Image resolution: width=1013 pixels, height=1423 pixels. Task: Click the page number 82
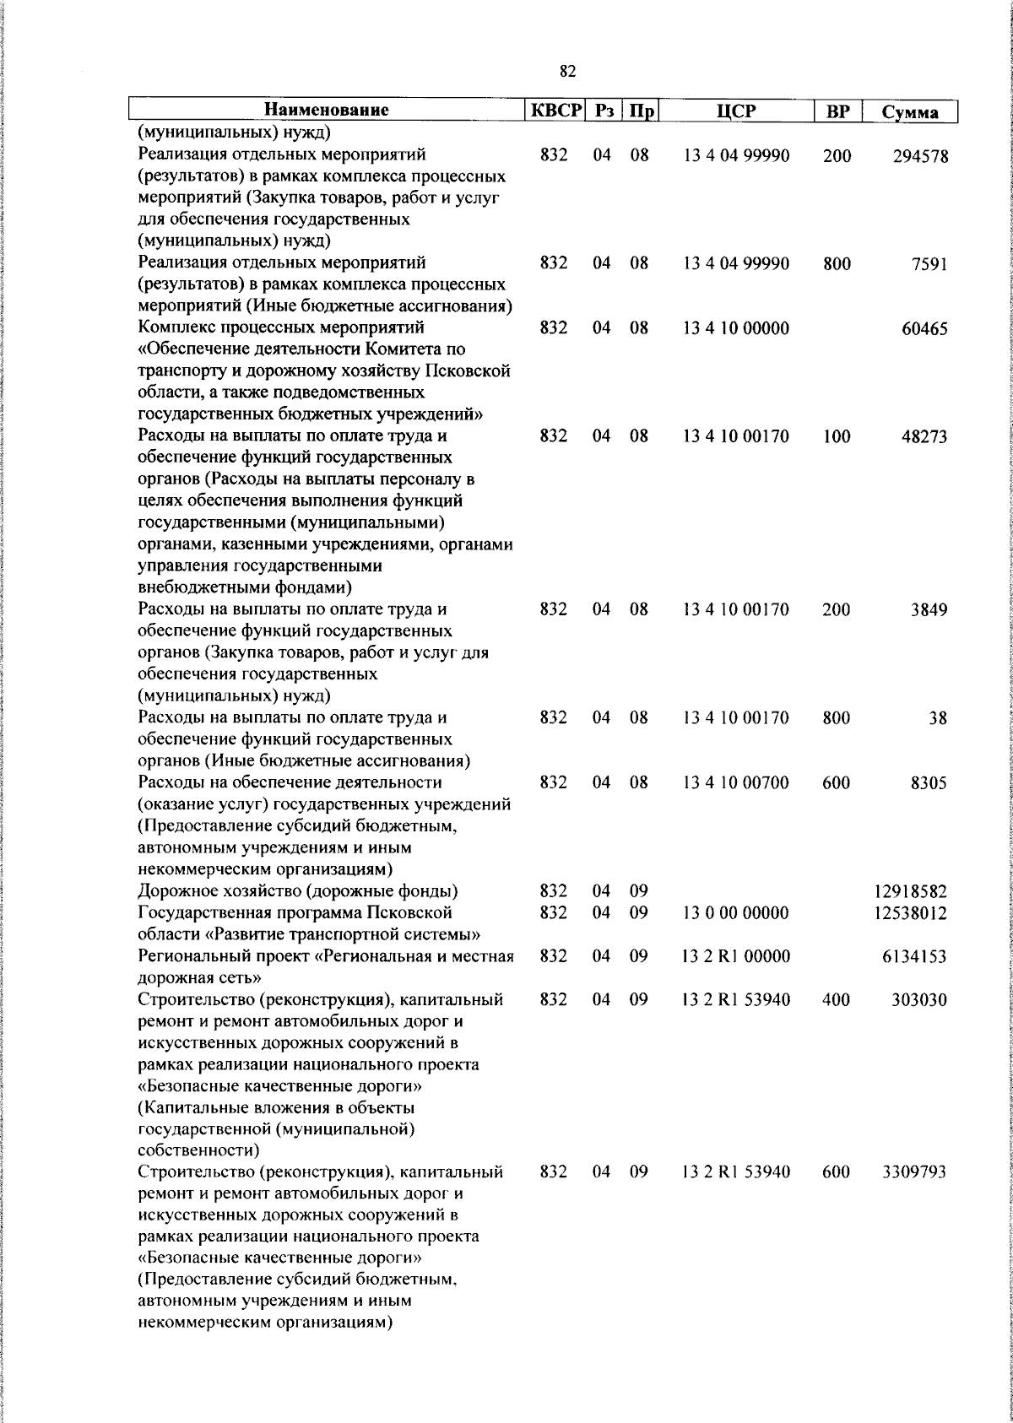567,73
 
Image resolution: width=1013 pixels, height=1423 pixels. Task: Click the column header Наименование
326,111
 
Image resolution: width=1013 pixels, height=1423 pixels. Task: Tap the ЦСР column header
736,111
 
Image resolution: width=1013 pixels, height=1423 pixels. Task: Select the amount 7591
929,264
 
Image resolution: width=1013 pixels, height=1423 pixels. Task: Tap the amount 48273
924,437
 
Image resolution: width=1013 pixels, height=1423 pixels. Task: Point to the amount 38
938,719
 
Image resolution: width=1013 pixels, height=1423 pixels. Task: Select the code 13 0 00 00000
736,913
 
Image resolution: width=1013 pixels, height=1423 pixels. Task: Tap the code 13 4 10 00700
736,783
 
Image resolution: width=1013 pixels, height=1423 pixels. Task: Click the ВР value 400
837,1000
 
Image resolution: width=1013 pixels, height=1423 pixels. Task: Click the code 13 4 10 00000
736,329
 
